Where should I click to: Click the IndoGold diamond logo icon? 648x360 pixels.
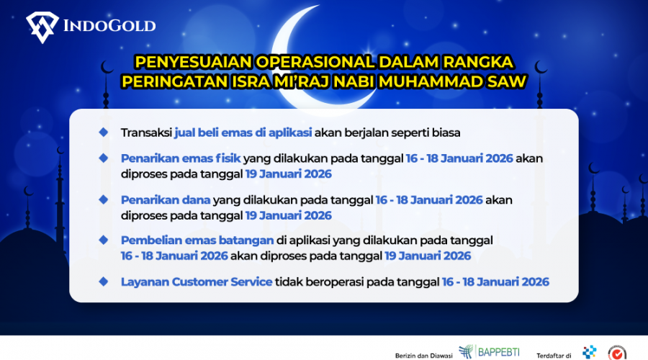[42, 27]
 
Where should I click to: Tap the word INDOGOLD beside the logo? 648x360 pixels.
[109, 26]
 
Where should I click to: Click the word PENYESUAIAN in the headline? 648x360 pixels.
[194, 62]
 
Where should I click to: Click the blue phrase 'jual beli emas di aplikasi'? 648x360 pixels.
[243, 132]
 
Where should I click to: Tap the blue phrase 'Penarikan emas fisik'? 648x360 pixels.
[181, 158]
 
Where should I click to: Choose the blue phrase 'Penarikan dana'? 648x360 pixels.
[166, 200]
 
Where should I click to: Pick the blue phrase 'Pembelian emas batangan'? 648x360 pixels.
[197, 240]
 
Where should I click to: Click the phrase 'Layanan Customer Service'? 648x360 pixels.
[197, 282]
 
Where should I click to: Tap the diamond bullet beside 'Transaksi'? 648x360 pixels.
[103, 132]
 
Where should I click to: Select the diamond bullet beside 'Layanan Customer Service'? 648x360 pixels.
[103, 282]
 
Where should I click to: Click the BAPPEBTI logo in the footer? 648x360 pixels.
[489, 352]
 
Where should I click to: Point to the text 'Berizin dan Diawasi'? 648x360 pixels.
[423, 356]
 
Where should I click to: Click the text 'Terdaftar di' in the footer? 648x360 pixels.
[554, 356]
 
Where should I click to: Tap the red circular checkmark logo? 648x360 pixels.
[617, 353]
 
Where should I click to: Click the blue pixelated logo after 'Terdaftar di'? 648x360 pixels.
[589, 352]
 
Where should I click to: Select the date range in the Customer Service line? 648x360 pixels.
[495, 282]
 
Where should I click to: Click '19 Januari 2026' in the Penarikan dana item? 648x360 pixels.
[289, 215]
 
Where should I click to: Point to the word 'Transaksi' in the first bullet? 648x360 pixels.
[146, 132]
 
